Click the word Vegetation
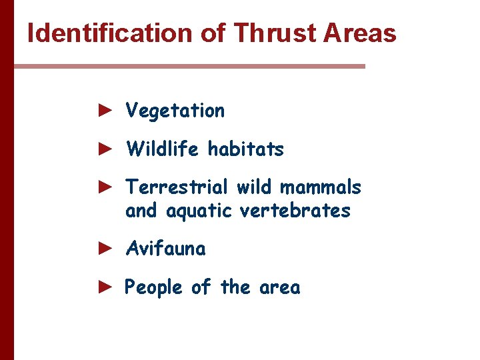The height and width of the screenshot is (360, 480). (x=175, y=111)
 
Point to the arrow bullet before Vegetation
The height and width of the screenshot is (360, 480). (x=103, y=110)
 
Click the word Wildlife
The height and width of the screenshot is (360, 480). (x=163, y=149)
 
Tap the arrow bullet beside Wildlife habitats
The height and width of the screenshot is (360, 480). (x=103, y=149)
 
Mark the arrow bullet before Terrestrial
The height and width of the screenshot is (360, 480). (x=103, y=187)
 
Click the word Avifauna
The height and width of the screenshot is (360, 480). (x=165, y=249)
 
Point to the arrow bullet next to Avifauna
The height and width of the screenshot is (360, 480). (x=103, y=249)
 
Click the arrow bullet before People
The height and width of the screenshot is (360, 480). (x=103, y=287)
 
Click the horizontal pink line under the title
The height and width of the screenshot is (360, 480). (x=190, y=66)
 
